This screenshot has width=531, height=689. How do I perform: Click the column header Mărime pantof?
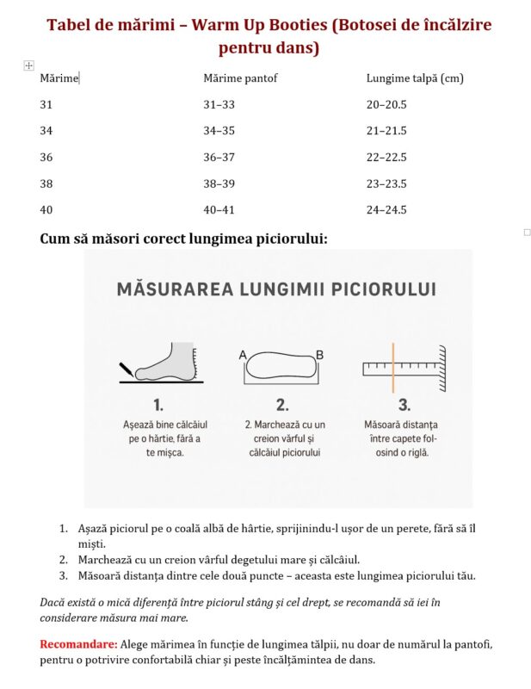tap(240, 78)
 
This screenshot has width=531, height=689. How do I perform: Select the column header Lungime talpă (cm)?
tap(415, 78)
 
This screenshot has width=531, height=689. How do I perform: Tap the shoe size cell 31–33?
tap(219, 104)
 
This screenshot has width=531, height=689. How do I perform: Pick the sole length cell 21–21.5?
tap(386, 131)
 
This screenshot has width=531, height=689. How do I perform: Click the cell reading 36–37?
tap(219, 157)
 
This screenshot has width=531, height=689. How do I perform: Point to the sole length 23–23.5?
tap(386, 183)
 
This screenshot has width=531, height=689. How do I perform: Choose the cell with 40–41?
tap(219, 209)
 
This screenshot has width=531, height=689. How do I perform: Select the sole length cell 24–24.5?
tap(386, 209)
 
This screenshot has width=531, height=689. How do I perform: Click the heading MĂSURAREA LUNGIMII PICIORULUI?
tap(275, 289)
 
